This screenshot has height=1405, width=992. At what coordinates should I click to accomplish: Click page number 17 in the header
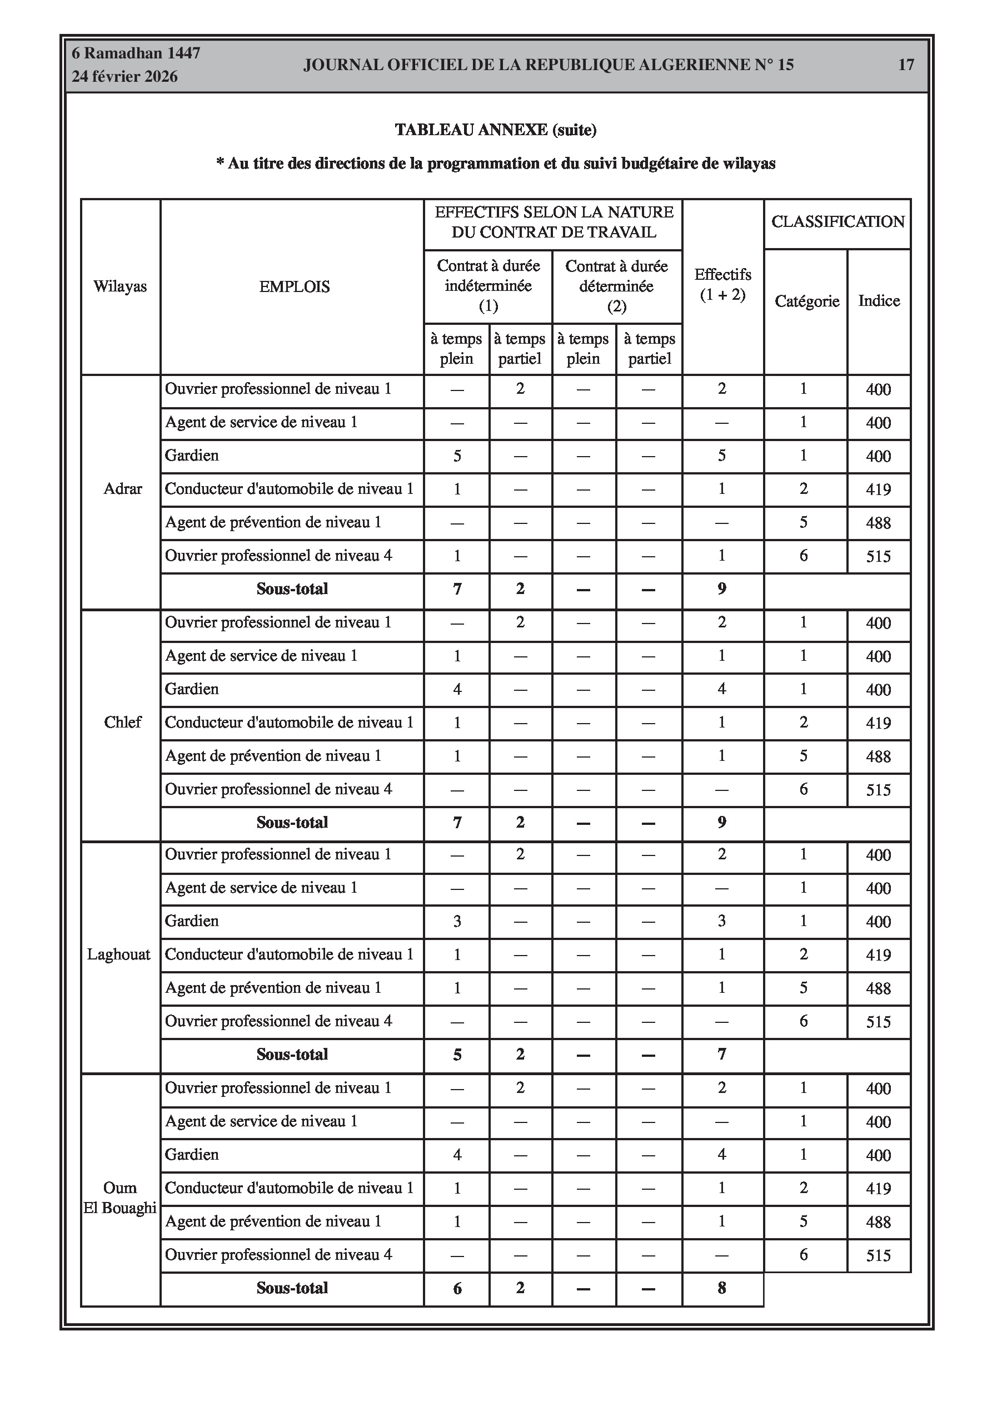(905, 65)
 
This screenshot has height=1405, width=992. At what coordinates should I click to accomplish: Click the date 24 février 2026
(125, 77)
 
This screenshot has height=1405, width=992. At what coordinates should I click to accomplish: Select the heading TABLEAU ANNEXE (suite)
(495, 130)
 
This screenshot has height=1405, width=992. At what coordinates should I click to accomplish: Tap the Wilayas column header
(120, 286)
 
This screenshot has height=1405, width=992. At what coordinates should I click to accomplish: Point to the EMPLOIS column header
(294, 286)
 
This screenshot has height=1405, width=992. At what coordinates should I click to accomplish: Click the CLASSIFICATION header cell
(838, 221)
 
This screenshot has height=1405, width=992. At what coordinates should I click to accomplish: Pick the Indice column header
(879, 300)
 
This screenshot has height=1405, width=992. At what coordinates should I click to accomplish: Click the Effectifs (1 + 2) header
(722, 285)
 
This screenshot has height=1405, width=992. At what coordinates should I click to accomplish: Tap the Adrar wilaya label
(122, 489)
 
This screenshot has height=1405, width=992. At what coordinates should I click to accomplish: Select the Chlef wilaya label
(122, 722)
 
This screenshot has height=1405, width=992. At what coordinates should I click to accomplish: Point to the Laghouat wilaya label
(118, 954)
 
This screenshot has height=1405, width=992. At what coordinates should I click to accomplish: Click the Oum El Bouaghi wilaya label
(120, 1198)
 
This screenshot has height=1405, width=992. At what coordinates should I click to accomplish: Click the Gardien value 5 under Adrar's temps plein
(457, 456)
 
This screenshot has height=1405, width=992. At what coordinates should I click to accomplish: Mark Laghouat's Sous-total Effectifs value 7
(722, 1053)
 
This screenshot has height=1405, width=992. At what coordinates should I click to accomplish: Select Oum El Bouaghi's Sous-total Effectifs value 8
(722, 1288)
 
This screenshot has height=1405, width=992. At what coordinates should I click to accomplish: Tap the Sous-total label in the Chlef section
(292, 823)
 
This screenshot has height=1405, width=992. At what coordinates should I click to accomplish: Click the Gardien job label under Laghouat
(191, 921)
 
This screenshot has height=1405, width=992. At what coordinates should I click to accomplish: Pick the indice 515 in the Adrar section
(878, 556)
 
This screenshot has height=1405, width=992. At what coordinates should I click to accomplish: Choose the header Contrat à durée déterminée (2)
(616, 286)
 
